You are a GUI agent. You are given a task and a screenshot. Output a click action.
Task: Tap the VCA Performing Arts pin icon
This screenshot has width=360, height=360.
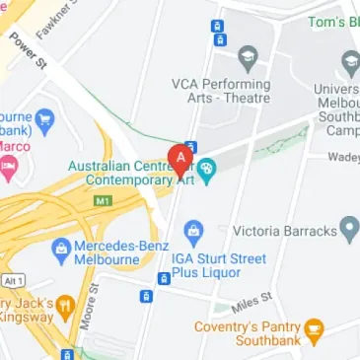pos(248,54)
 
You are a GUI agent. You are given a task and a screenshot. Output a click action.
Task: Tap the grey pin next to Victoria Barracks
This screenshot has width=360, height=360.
pos(348,231)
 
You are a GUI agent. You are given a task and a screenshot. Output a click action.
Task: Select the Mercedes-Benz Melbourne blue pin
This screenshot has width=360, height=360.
pos(61,248)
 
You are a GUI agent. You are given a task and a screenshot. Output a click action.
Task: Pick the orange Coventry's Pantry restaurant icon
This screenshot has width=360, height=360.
pos(315,328)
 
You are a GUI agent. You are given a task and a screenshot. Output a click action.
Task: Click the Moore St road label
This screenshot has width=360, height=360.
pos(92,307)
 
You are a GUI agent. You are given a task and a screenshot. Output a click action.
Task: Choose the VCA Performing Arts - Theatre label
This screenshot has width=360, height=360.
pos(220,90)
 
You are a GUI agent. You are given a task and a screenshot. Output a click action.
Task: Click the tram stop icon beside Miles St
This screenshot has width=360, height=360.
pos(165,279)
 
